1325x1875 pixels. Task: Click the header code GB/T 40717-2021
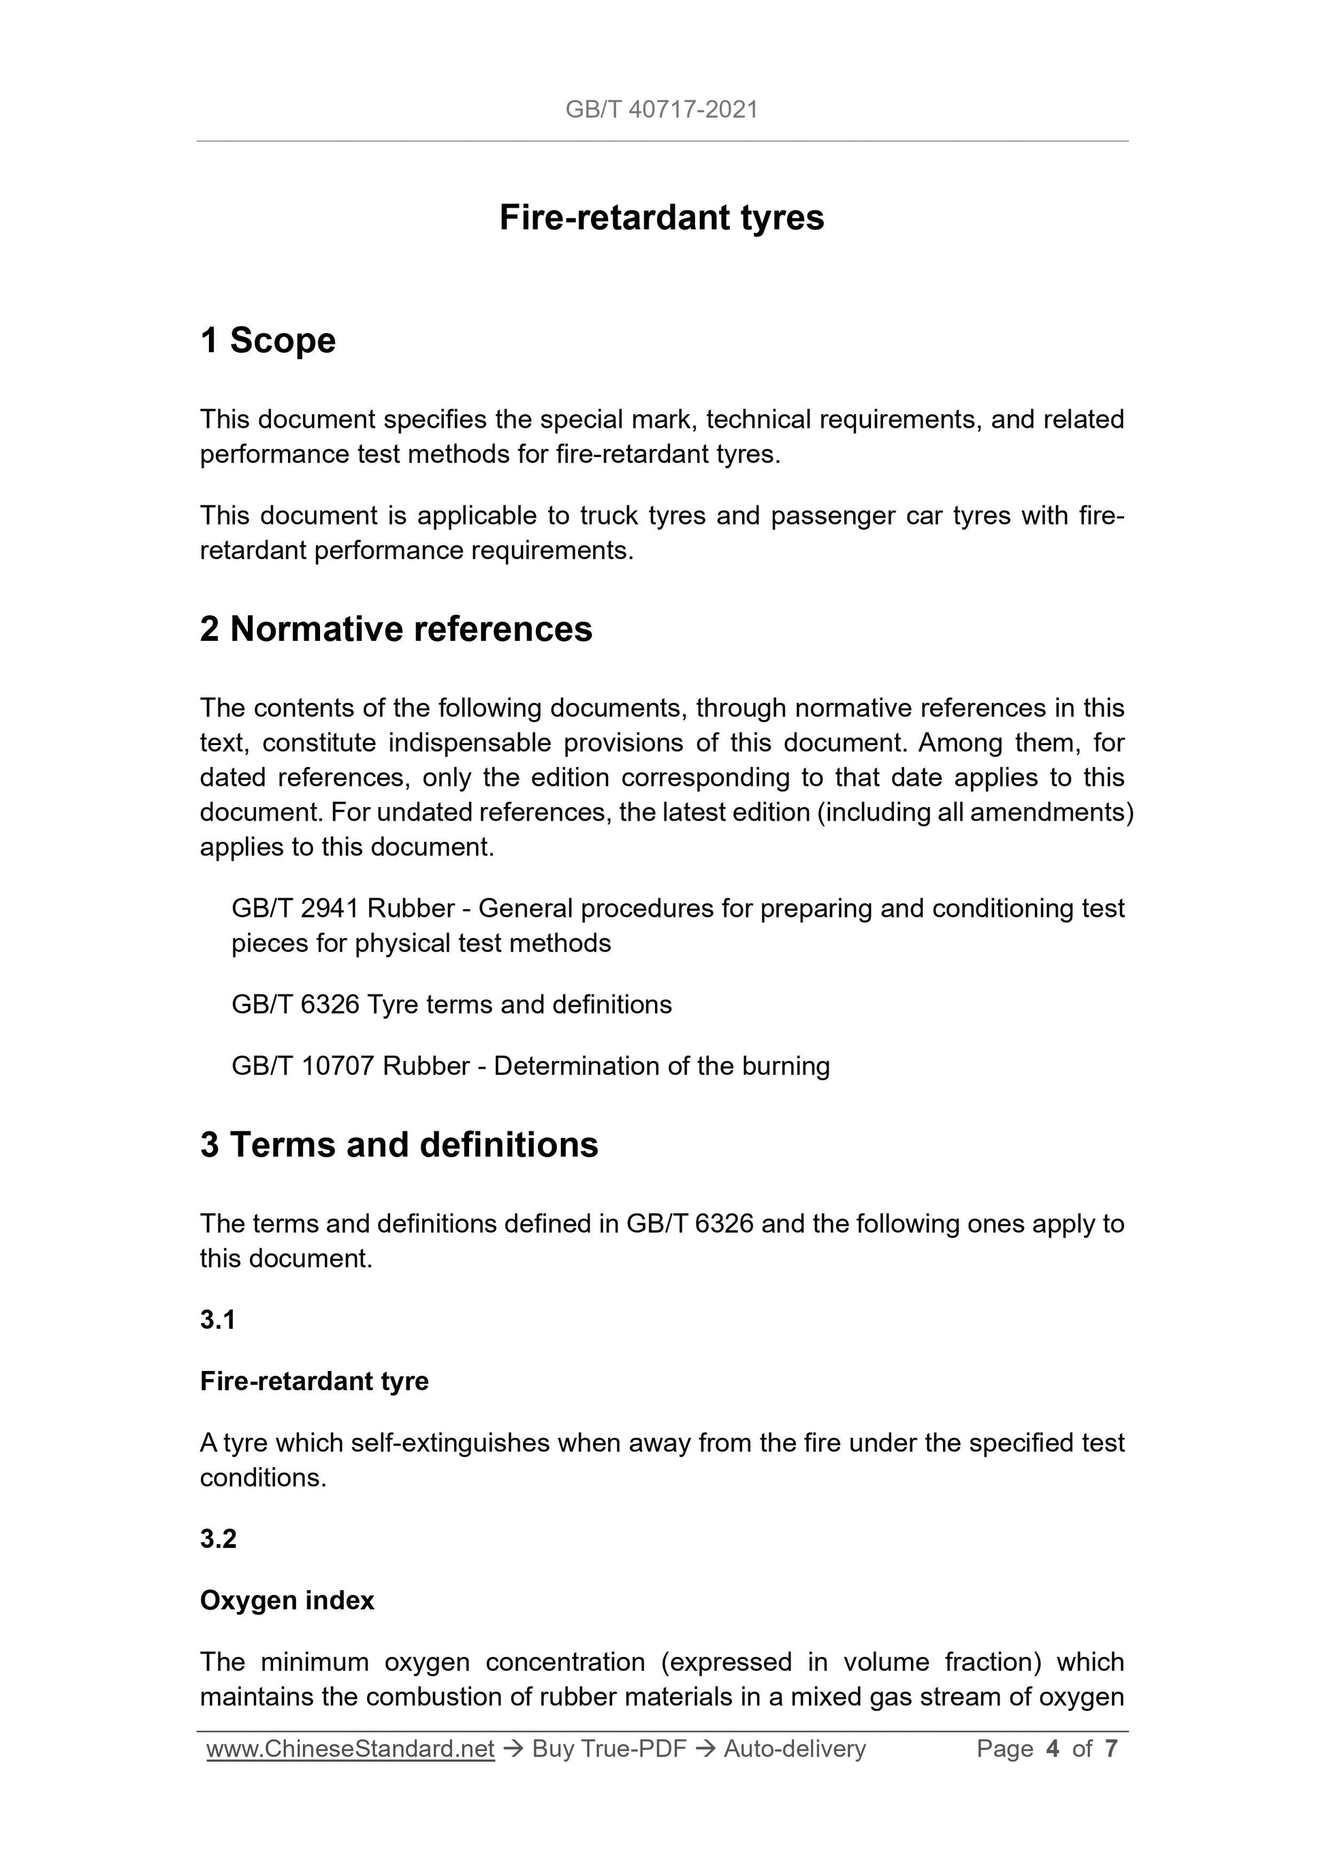coord(661,110)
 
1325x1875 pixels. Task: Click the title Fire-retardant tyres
coord(661,218)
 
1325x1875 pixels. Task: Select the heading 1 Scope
coord(268,341)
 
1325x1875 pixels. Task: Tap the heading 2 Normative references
coord(396,629)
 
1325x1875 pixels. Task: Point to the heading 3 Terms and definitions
coord(399,1145)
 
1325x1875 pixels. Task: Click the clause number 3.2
coord(218,1539)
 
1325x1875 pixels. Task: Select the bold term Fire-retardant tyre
coord(315,1381)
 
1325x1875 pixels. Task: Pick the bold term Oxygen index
coord(287,1601)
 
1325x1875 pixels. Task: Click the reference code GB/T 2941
coord(296,908)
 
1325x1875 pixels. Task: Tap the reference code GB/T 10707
coord(304,1066)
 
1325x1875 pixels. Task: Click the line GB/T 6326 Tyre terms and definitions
coord(451,1005)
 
